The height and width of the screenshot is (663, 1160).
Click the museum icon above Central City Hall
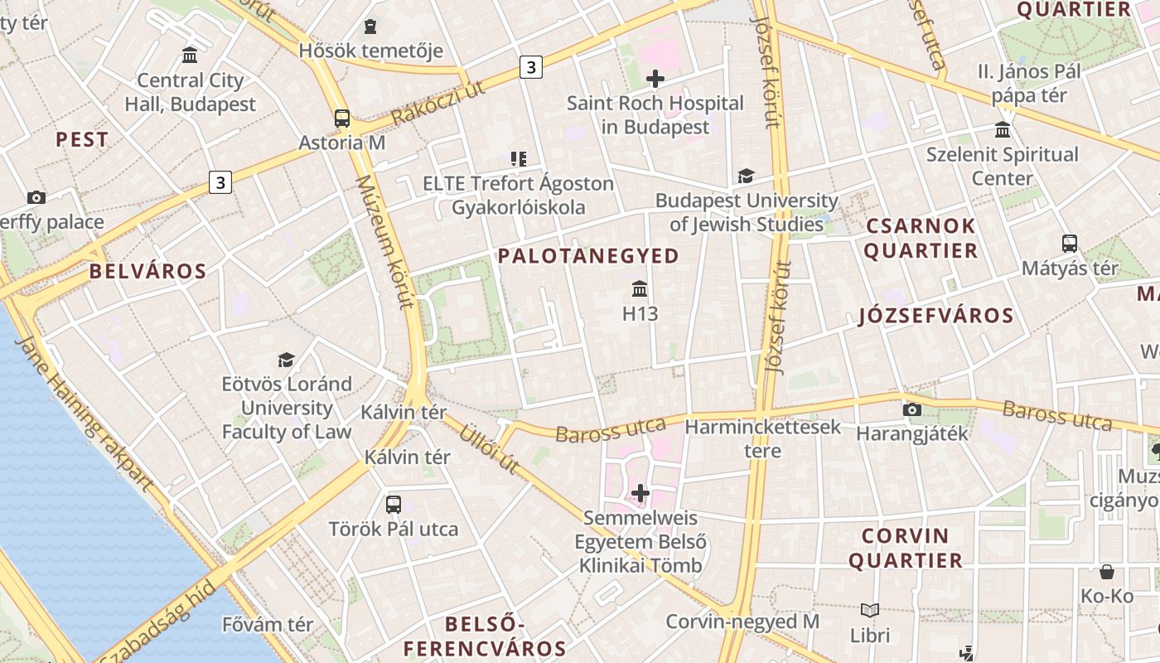190,56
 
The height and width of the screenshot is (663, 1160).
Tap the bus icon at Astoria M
342,119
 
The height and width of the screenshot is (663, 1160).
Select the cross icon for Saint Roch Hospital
655,79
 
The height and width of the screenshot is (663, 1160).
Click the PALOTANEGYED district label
588,256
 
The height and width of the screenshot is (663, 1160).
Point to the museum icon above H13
640,289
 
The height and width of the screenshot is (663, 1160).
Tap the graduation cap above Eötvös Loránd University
287,360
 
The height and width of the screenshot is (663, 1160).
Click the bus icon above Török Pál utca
394,504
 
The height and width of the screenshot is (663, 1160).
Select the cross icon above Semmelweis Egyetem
640,493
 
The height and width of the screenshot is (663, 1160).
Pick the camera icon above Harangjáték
912,409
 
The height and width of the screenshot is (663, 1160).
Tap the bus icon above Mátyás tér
1070,244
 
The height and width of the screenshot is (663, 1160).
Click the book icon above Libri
870,611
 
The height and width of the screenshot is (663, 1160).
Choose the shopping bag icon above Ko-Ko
1107,572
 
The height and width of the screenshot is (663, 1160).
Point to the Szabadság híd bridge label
157,622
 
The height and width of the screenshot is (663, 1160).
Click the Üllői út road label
490,448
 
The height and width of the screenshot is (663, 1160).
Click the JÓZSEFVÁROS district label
936,316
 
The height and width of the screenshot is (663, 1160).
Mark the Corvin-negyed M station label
742,622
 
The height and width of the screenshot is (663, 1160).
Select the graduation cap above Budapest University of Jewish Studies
747,176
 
